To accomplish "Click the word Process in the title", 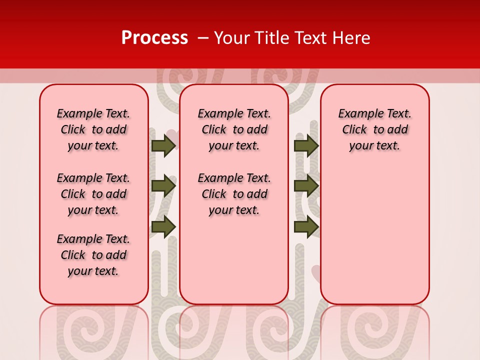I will [x=154, y=38].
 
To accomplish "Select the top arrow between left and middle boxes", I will [x=163, y=145].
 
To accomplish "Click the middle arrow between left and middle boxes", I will [x=163, y=186].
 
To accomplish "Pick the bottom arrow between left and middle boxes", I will [x=163, y=226].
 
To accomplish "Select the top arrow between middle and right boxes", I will [x=306, y=145].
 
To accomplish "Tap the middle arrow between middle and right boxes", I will [x=306, y=186].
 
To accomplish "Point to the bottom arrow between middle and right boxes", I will [x=306, y=226].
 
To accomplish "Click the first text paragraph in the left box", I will [x=93, y=129].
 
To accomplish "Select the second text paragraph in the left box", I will [x=93, y=194].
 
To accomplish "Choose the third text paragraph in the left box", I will [x=93, y=255].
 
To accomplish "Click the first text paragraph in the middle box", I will [x=234, y=129].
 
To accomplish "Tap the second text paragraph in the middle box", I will [x=234, y=194].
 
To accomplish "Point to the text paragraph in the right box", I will [x=375, y=129].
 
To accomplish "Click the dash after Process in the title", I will [x=203, y=38].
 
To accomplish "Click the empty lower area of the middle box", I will [x=234, y=260].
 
